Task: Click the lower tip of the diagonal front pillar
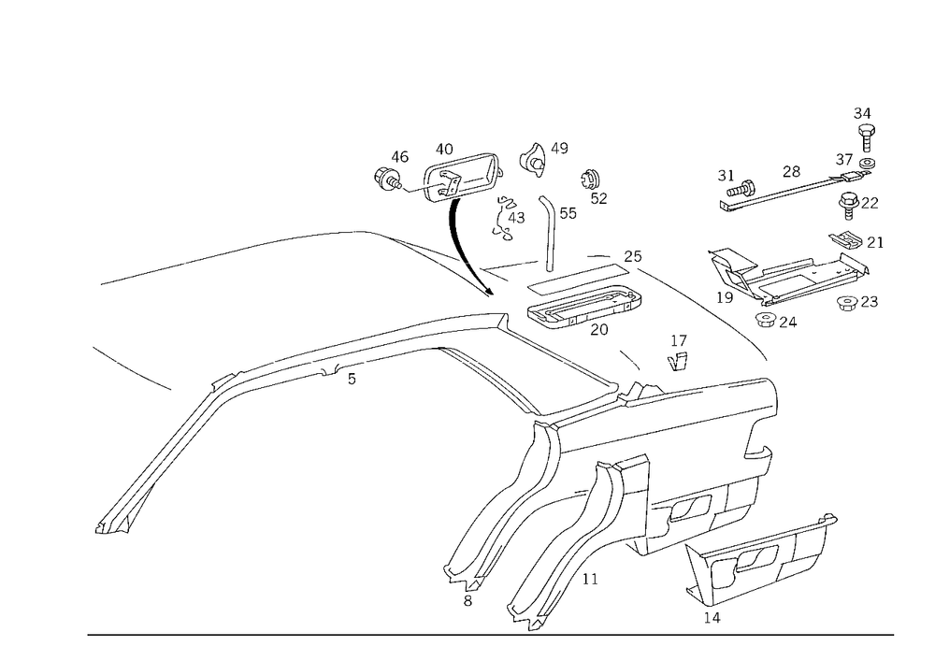pos(103,527)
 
